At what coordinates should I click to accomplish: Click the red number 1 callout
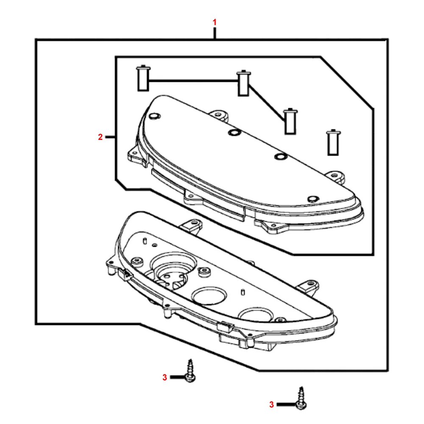(215, 22)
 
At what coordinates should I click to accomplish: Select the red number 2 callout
(100, 137)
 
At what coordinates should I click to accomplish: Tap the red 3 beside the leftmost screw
(165, 377)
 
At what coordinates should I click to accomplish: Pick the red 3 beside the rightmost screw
(271, 404)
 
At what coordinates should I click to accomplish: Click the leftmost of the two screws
(190, 371)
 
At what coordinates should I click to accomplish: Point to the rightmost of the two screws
(301, 398)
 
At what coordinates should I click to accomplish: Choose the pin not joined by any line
(333, 142)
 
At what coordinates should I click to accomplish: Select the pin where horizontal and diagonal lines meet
(243, 83)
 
